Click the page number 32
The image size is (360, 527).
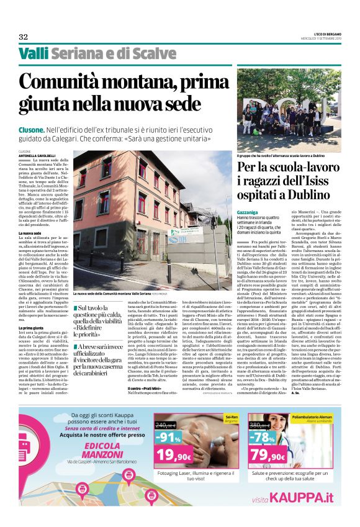click(x=23, y=37)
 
